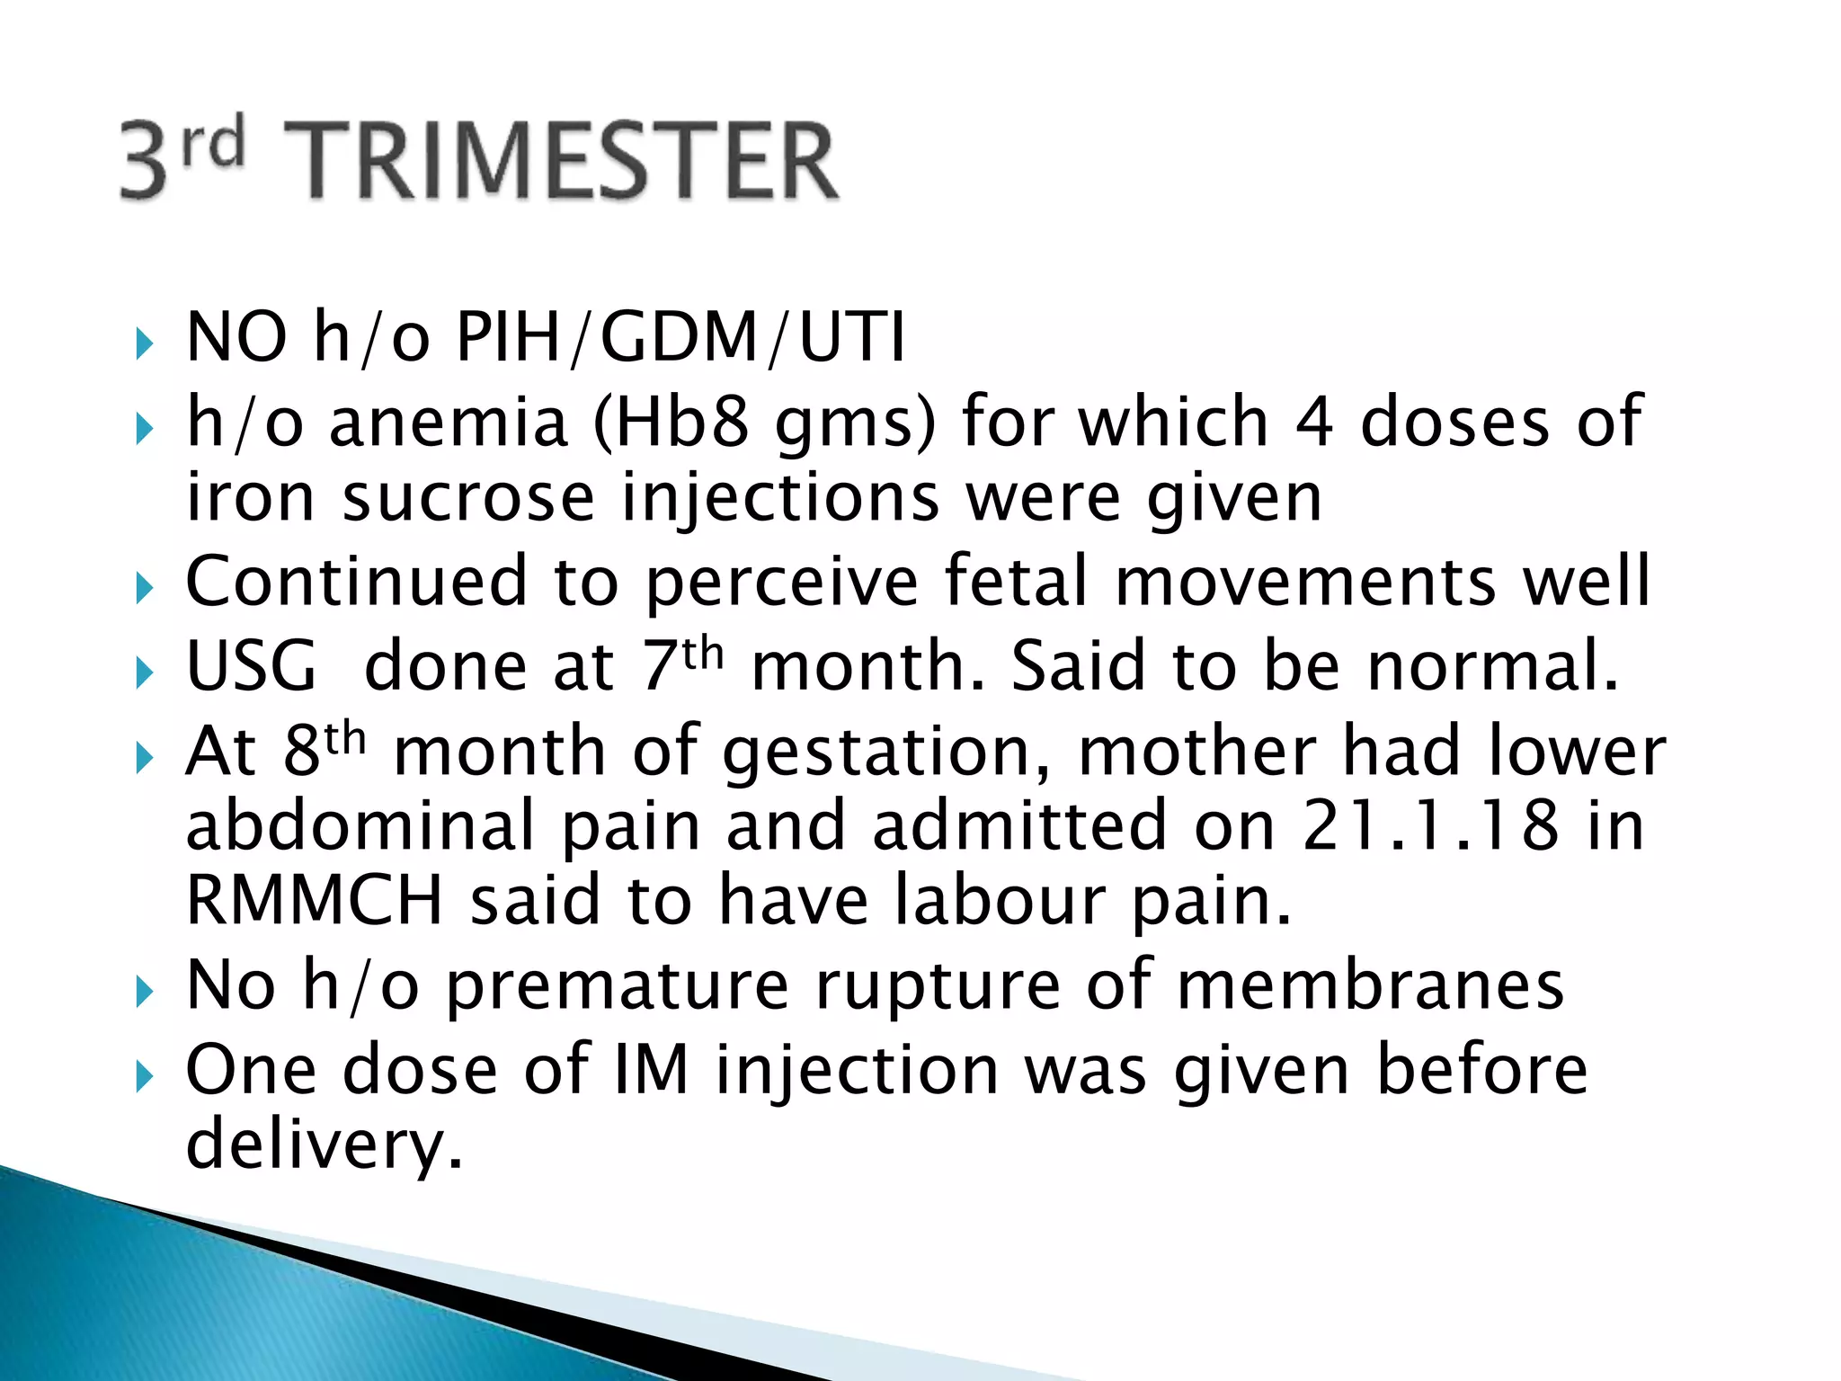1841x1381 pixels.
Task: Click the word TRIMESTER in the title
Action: tap(562, 162)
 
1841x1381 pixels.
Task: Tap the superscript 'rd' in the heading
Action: tap(213, 144)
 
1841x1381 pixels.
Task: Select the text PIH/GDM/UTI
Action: tap(680, 338)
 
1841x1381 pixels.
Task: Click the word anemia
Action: tap(449, 423)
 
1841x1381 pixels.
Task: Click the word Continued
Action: tap(356, 582)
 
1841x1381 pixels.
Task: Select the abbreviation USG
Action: tap(252, 667)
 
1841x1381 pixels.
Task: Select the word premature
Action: tap(618, 986)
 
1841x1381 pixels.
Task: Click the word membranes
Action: tap(1370, 986)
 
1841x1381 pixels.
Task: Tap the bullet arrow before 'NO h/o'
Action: tap(145, 343)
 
